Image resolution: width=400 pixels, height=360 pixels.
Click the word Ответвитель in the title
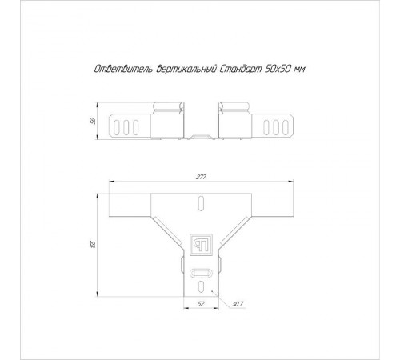point(123,69)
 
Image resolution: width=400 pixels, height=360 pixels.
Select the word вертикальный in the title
point(186,69)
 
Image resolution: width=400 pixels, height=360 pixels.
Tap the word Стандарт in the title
point(241,69)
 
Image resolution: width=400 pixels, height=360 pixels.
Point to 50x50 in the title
point(277,69)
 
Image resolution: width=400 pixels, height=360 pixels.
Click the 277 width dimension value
point(201,177)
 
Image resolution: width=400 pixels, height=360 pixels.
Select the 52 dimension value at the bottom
point(201,304)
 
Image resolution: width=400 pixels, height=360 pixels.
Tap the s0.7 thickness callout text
point(238,304)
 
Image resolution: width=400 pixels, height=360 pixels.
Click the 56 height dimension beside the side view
point(93,122)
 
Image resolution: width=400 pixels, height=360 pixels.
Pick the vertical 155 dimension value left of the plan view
point(93,244)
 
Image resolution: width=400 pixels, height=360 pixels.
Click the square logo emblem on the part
point(201,245)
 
